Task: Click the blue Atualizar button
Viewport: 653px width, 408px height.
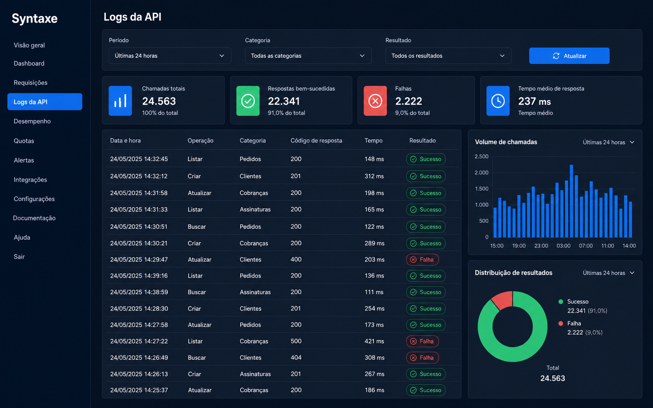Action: point(569,55)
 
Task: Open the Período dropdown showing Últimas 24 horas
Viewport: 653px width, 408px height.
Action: point(170,55)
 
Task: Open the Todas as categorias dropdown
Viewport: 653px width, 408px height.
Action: point(308,55)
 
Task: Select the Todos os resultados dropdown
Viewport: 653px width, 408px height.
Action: point(449,55)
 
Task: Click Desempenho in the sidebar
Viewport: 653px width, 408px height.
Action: point(32,121)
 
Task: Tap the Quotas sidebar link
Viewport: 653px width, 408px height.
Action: point(24,141)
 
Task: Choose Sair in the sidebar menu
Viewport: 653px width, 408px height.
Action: point(19,257)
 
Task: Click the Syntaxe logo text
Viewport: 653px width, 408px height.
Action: point(34,18)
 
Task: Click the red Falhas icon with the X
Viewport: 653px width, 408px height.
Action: point(375,101)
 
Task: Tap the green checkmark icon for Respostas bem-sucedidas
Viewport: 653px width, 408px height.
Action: point(248,101)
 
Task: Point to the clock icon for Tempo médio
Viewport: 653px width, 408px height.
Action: point(498,101)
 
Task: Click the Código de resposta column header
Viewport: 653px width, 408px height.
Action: point(316,140)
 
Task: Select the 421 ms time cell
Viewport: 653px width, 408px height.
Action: point(374,341)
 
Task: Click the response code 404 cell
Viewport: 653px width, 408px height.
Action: point(296,357)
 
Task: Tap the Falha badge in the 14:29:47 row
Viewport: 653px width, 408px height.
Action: point(422,259)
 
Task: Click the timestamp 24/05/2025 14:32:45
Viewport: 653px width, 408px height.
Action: point(139,159)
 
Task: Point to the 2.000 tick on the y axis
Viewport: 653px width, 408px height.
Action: point(481,173)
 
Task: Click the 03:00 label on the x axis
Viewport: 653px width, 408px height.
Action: point(563,246)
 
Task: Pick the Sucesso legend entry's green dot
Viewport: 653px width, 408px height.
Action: point(560,302)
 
